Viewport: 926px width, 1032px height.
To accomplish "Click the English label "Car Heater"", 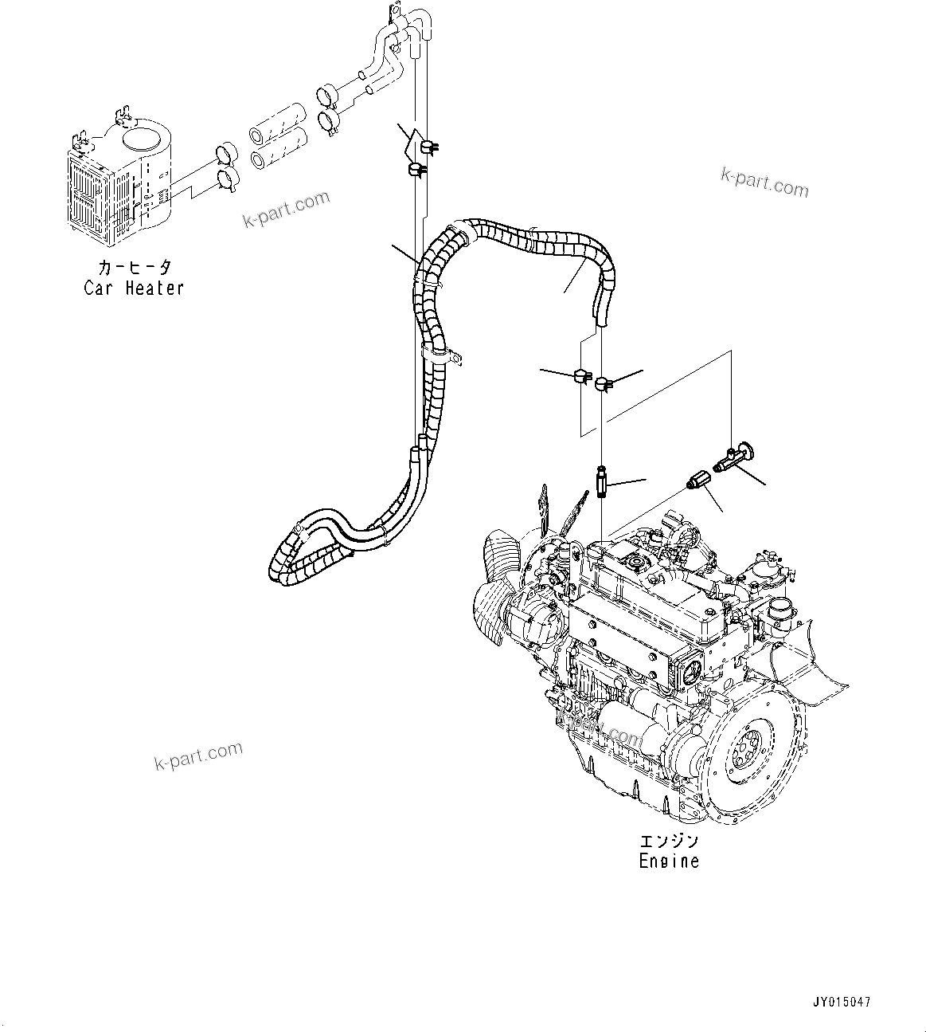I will point(134,288).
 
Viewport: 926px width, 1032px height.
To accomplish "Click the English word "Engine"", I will point(669,861).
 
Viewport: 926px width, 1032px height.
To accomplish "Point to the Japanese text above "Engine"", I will point(669,841).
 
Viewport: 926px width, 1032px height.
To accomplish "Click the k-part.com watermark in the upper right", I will point(764,182).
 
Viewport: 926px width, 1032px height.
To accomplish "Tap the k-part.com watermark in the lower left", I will point(197,756).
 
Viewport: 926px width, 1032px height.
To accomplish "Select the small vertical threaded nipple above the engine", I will point(603,482).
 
